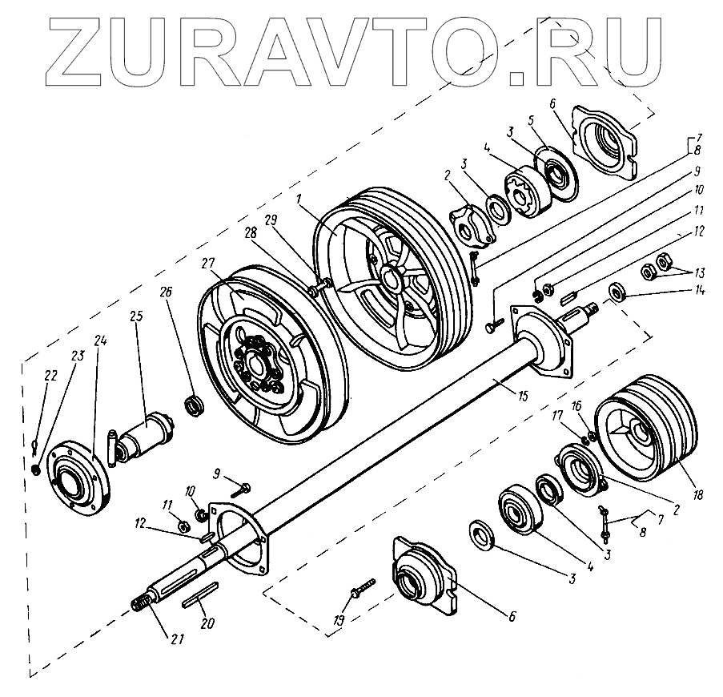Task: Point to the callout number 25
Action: point(136,316)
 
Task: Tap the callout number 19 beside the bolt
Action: point(338,621)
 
